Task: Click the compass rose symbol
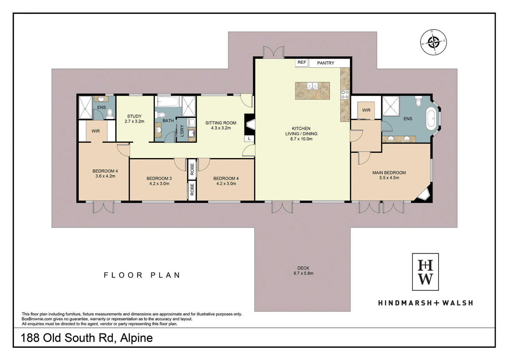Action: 433,42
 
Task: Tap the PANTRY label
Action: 326,63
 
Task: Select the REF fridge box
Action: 302,63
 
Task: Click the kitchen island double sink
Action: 313,86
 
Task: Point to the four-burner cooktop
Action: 345,94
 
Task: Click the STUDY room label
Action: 134,116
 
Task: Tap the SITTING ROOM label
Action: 221,123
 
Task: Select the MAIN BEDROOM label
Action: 389,173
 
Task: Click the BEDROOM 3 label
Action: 159,179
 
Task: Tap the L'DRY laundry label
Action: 182,131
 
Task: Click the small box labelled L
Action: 249,138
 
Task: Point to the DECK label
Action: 303,268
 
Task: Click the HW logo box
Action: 425,272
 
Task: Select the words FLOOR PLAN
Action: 142,275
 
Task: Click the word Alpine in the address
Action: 136,338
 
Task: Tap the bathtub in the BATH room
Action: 168,101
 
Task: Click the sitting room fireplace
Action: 250,125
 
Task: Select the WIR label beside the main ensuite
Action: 366,110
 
